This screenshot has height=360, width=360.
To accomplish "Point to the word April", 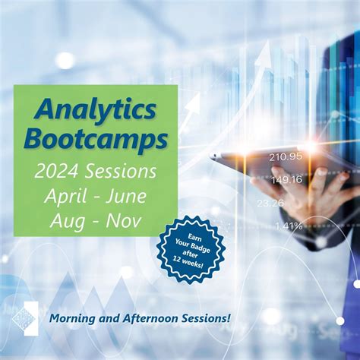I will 65,196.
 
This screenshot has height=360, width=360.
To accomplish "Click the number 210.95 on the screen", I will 286,156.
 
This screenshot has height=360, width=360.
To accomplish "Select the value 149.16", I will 286,179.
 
